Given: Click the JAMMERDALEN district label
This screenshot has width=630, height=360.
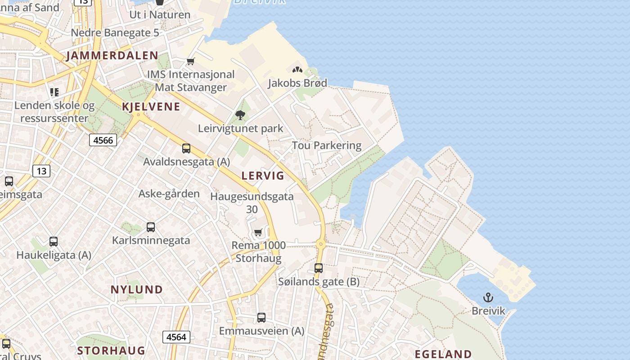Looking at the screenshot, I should click(112, 56).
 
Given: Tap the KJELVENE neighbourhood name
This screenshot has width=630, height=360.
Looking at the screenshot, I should click(151, 107).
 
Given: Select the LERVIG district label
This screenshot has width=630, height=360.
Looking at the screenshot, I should click(263, 175).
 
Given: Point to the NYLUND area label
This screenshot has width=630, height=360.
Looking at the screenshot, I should click(137, 289).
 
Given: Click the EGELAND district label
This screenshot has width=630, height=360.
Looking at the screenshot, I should click(443, 354).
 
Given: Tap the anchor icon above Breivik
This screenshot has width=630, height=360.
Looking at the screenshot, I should click(488, 297).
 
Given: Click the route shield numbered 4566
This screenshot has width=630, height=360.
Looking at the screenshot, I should click(103, 140).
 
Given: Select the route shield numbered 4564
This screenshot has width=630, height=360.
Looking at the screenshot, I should click(176, 337).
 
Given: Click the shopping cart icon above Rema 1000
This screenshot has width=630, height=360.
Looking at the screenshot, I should click(258, 233).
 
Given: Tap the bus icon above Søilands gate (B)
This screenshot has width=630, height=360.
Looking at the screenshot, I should click(319, 268).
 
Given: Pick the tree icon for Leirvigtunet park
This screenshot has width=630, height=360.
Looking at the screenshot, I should click(240, 115).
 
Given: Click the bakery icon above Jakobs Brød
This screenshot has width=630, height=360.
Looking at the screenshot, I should click(297, 70).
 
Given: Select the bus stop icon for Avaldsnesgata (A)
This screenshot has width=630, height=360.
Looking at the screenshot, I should click(186, 148).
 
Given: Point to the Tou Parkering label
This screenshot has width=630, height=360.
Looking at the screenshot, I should click(327, 145).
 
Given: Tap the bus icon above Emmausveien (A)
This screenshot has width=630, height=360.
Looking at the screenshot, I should click(261, 317).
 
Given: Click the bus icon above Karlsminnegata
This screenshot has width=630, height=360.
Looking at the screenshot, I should click(151, 227).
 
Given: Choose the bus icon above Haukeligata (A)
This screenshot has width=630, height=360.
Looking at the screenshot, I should click(54, 242).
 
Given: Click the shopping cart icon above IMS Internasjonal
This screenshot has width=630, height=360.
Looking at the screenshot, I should click(191, 61).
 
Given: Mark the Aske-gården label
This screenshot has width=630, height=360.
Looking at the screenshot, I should click(169, 194).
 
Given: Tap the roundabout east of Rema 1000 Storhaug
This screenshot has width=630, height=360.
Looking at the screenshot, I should click(320, 245).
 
